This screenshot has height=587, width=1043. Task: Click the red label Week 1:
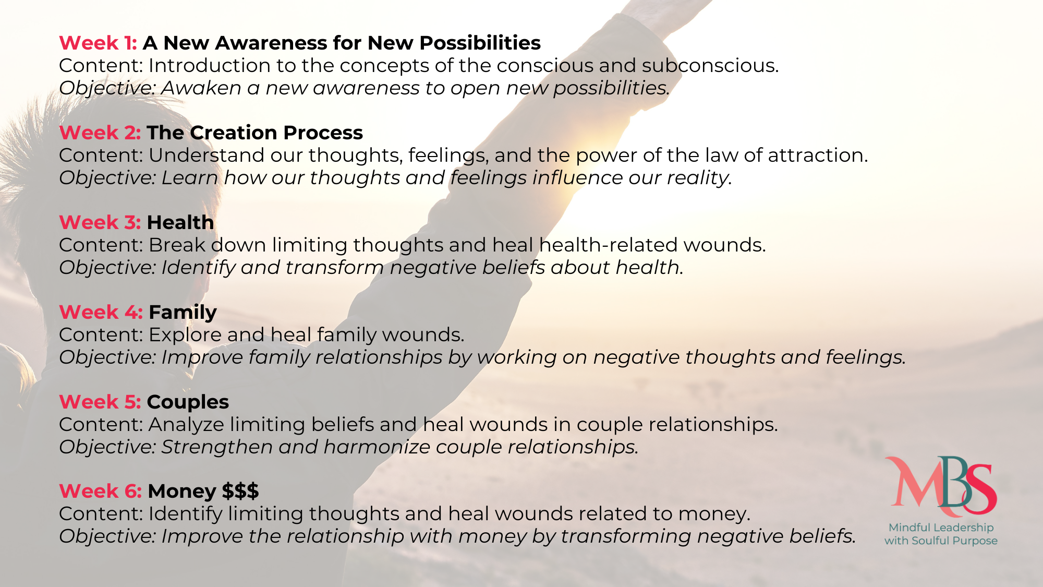click(98, 43)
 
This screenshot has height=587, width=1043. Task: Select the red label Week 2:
click(100, 133)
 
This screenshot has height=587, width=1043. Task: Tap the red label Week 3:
click(100, 222)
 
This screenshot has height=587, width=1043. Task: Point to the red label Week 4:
click(101, 312)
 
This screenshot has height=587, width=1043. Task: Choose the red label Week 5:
click(100, 402)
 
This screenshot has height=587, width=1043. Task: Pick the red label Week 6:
click(101, 491)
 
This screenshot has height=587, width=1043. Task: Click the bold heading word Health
click(180, 222)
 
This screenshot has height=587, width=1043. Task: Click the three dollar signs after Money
click(240, 491)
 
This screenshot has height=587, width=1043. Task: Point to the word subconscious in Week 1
click(710, 66)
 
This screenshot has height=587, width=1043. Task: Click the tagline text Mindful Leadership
click(941, 528)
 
